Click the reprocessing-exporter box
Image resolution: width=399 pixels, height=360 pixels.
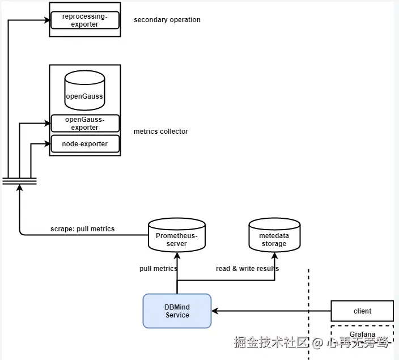click(85, 20)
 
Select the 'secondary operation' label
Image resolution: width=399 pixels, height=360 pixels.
click(167, 20)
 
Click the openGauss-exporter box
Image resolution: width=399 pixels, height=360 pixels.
click(85, 123)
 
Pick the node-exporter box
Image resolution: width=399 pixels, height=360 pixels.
click(85, 144)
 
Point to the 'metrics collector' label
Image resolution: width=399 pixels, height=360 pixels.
click(161, 132)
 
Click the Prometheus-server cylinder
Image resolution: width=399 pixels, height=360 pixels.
click(177, 235)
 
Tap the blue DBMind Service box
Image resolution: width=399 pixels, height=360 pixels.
click(177, 311)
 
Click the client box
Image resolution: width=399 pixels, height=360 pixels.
click(362, 311)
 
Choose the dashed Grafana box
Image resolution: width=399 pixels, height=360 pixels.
click(362, 333)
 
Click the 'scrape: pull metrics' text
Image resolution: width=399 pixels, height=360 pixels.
click(82, 229)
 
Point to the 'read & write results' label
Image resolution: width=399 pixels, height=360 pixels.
click(247, 268)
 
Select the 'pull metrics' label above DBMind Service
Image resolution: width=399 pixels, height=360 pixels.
click(158, 268)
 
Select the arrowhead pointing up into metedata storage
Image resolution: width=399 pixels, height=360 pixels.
click(276, 255)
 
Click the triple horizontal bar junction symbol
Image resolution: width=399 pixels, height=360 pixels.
click(19, 181)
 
